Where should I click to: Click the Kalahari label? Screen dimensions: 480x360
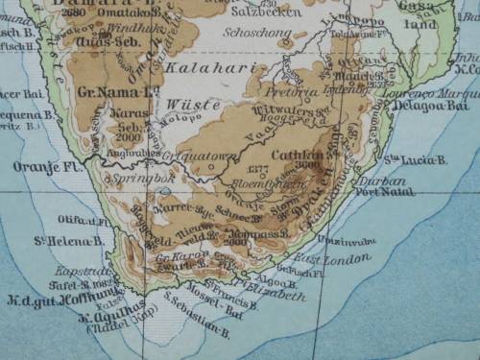click(x=200, y=70)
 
